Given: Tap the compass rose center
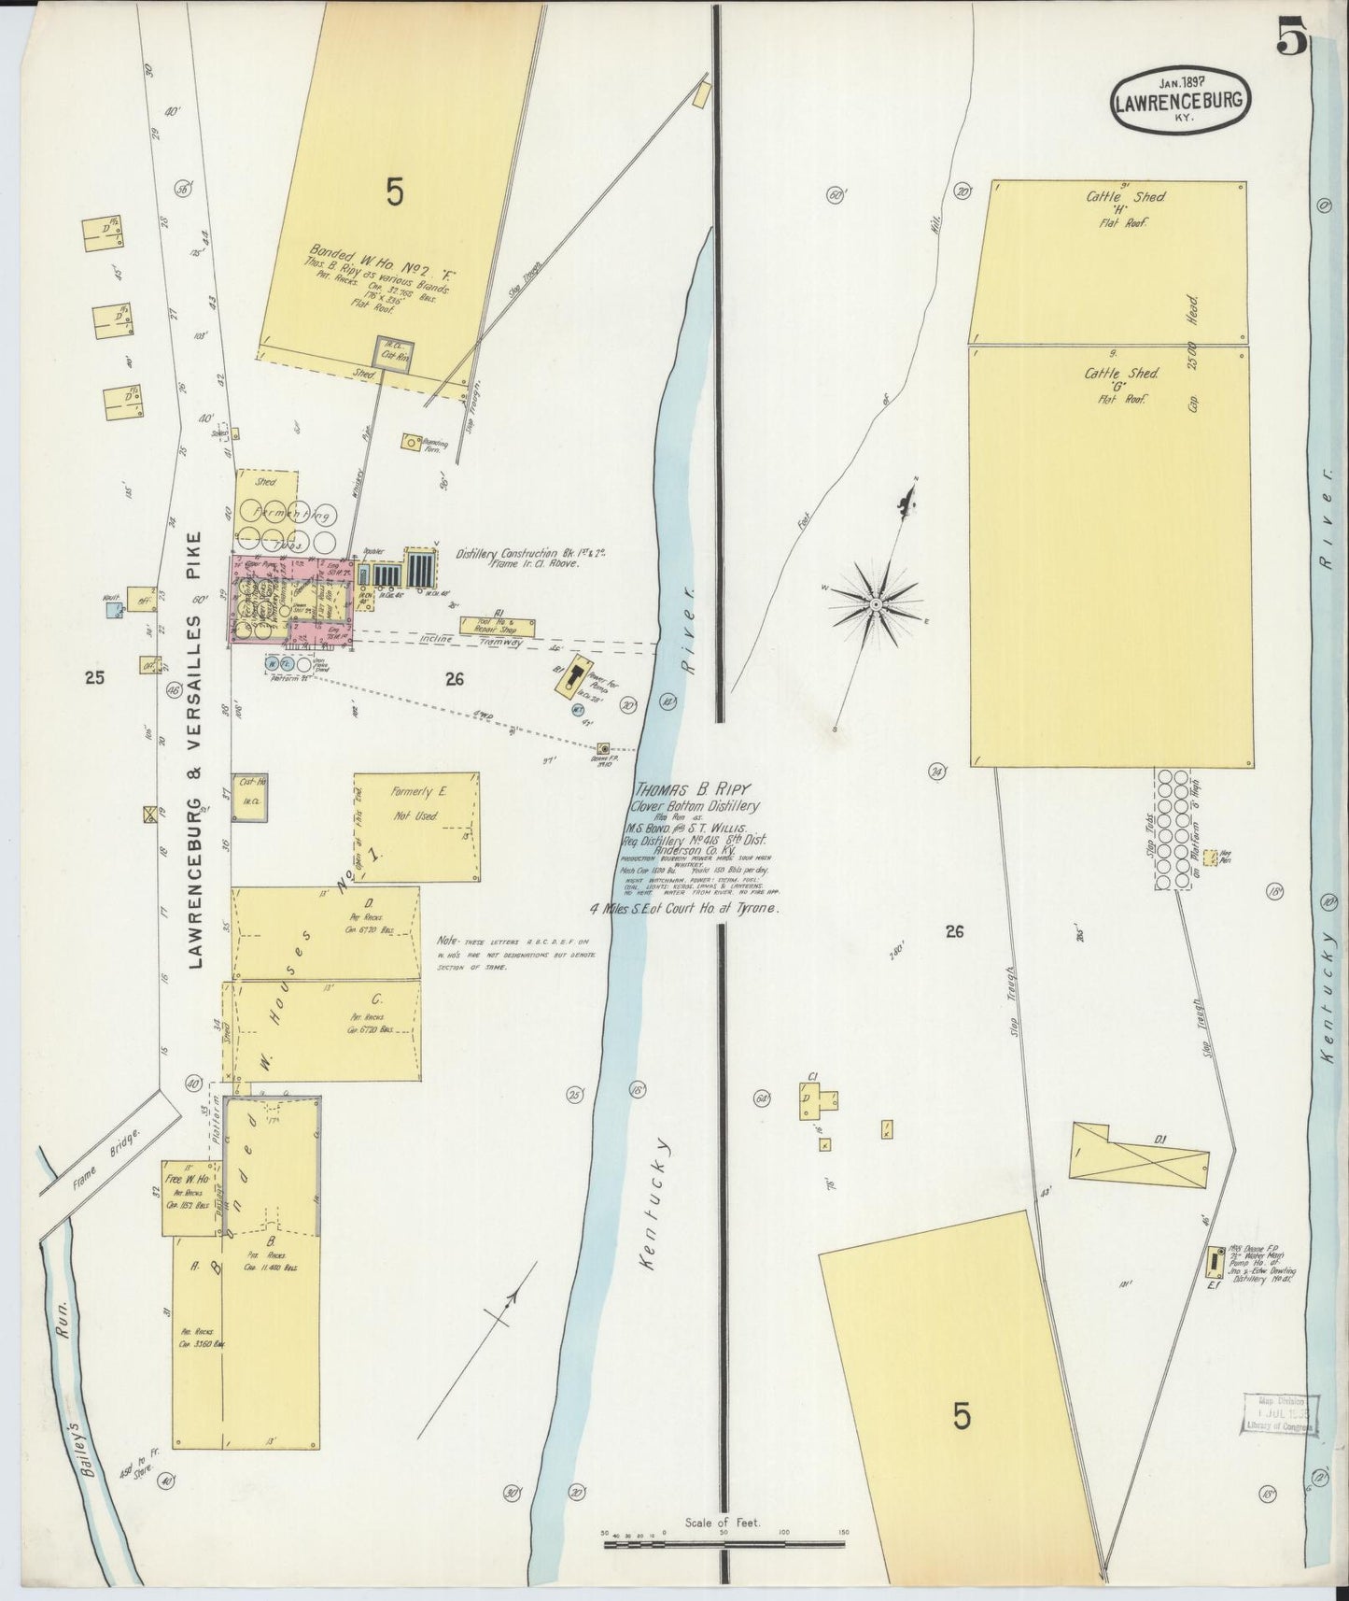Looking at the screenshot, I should [876, 605].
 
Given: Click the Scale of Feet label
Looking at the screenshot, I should [723, 1522].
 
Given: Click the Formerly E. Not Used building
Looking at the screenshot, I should [416, 826].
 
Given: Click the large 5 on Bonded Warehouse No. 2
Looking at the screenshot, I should [396, 193].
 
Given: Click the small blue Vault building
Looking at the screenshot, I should [114, 610].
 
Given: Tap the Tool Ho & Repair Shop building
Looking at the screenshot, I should [497, 628].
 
